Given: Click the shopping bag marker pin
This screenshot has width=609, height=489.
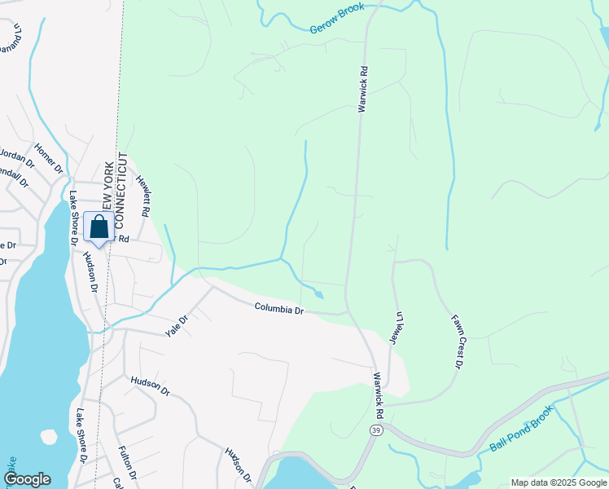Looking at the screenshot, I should click(x=99, y=228).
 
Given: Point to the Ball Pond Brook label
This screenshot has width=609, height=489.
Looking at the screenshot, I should click(x=521, y=429).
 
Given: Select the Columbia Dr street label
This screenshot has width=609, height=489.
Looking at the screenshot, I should click(x=278, y=309).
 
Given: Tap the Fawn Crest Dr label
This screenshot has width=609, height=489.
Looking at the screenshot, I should click(x=456, y=341).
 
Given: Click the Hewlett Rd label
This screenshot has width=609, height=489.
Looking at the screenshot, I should click(x=143, y=196).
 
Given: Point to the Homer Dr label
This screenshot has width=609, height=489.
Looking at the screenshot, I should click(x=49, y=158).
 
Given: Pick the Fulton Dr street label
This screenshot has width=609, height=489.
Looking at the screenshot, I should click(x=126, y=462).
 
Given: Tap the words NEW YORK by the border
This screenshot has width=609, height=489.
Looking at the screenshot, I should click(x=107, y=187).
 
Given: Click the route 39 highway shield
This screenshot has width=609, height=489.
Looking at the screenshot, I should click(x=375, y=430).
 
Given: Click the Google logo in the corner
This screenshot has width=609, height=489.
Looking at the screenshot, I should click(x=27, y=479).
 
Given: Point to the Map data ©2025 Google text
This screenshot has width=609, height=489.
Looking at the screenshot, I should click(x=559, y=482).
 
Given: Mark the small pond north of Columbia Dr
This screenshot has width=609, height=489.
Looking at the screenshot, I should click(x=318, y=294).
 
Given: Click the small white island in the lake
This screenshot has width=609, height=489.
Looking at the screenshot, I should click(x=49, y=436).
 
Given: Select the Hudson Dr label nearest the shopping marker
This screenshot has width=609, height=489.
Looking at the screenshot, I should click(x=90, y=272).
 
